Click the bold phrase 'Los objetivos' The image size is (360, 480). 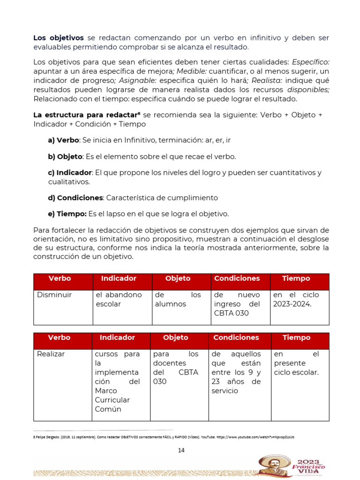[59, 37]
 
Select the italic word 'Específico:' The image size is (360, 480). [311, 61]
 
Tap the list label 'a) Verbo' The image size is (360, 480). [63, 140]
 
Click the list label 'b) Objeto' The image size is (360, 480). [65, 156]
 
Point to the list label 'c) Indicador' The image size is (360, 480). [69, 172]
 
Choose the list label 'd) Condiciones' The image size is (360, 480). [75, 198]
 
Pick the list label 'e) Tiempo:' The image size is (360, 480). [67, 214]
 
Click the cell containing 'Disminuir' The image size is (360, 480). [62, 307]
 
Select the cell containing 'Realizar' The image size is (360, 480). [62, 384]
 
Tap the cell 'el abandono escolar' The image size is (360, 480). [121, 307]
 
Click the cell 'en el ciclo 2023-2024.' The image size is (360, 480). [300, 307]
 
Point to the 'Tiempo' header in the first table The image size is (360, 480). [296, 278]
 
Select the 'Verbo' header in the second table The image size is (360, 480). [59, 337]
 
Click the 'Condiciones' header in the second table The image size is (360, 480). [236, 337]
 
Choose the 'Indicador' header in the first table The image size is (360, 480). [119, 278]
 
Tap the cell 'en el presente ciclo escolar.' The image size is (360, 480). [300, 384]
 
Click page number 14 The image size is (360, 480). [181, 450]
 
